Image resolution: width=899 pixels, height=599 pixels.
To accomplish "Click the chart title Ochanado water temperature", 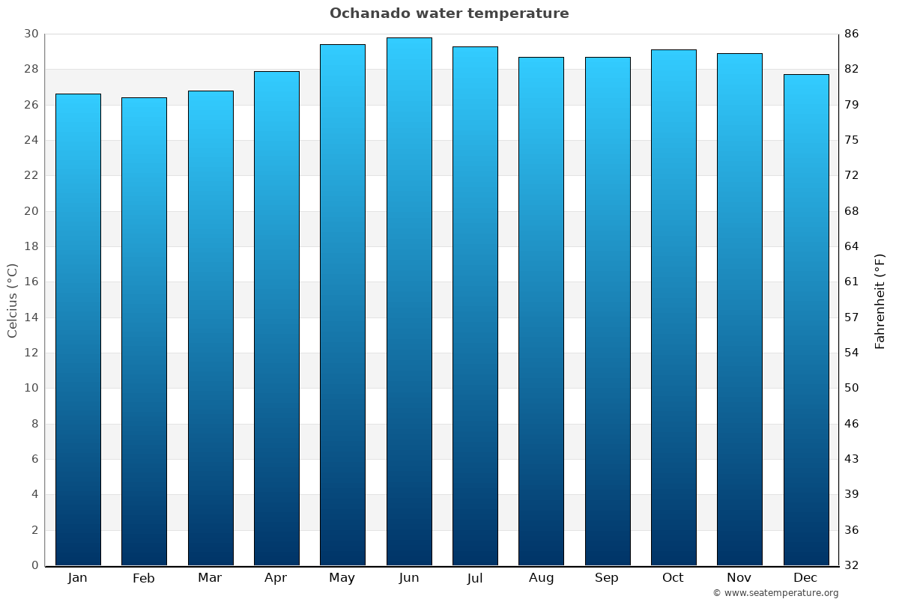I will (449, 13).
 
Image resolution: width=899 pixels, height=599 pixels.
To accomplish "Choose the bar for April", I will (276, 318).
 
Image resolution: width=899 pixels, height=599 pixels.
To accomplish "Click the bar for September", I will (608, 311).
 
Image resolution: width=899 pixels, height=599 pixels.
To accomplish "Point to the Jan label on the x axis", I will (78, 578).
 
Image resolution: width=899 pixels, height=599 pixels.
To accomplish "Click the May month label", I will (342, 578).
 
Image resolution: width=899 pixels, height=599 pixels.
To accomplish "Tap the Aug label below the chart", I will (541, 578).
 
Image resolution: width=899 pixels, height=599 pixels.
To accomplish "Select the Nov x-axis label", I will (739, 578).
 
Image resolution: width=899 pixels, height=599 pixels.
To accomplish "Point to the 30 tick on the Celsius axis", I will (31, 34).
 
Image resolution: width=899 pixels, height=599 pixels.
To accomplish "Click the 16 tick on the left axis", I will (31, 282).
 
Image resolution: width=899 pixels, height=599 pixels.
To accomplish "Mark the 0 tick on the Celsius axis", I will (34, 565).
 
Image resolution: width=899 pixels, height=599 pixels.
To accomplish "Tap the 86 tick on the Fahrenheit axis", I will (852, 34).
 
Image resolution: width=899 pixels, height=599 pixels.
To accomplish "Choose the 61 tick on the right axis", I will (852, 282).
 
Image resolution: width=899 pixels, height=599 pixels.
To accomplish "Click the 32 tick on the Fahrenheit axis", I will (852, 565).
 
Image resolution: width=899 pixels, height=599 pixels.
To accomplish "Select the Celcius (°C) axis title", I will (12, 300).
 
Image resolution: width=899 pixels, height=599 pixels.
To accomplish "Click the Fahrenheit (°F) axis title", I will (880, 300).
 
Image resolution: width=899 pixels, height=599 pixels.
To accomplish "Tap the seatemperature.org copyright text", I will (775, 593).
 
